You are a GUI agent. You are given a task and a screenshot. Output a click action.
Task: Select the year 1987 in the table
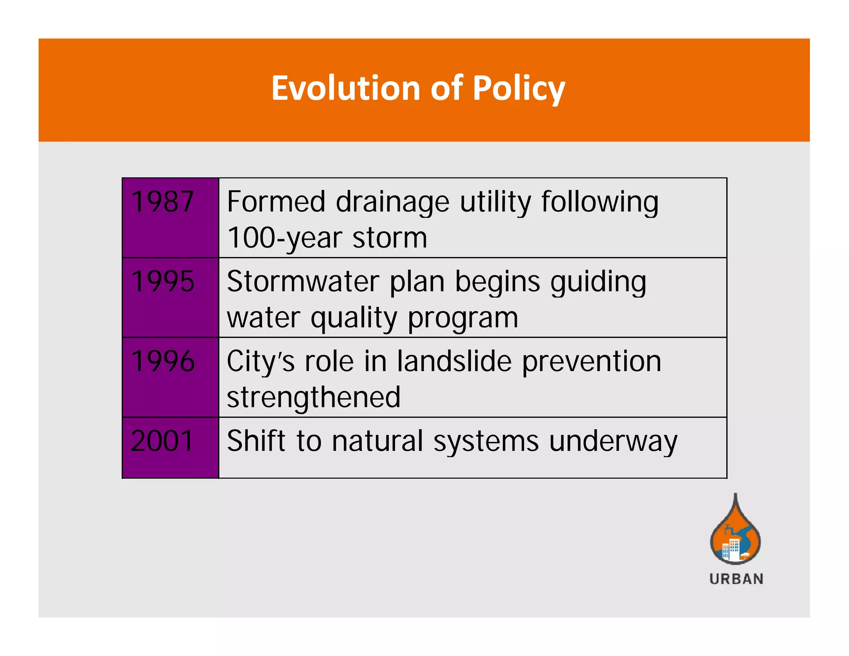163,202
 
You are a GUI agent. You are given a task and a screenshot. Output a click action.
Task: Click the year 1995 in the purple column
163,282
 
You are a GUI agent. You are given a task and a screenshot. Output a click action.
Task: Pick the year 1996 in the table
163,361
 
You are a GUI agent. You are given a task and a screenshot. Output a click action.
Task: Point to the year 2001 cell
163,441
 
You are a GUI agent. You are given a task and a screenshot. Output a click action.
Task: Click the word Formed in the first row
276,202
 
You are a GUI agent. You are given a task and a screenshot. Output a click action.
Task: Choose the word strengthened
313,398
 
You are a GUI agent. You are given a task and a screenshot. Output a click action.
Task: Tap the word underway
613,442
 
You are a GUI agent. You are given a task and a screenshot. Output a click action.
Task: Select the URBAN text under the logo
736,579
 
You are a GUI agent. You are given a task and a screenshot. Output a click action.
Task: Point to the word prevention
591,362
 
